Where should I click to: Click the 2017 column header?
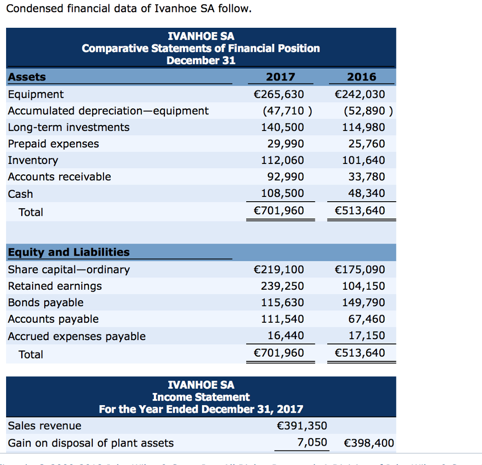pos(281,77)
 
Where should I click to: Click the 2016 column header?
pos(361,77)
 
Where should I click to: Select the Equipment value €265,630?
pos(279,94)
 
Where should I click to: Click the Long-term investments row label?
pos(69,127)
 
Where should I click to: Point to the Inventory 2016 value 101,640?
pos(363,160)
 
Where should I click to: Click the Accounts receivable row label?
pos(60,177)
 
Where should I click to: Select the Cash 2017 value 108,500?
pos(282,193)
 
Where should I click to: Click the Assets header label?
pos(27,77)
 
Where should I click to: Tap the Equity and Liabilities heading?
pos(69,252)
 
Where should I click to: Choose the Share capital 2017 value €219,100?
pos(279,269)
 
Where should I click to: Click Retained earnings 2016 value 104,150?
pos(363,286)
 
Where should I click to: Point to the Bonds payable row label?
pos(46,302)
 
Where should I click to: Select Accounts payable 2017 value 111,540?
pos(282,319)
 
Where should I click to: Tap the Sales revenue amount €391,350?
pos(302,426)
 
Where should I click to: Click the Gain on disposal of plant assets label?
pos(91,443)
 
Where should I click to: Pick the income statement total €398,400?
pos(369,443)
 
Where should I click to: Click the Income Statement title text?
pos(201,397)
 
